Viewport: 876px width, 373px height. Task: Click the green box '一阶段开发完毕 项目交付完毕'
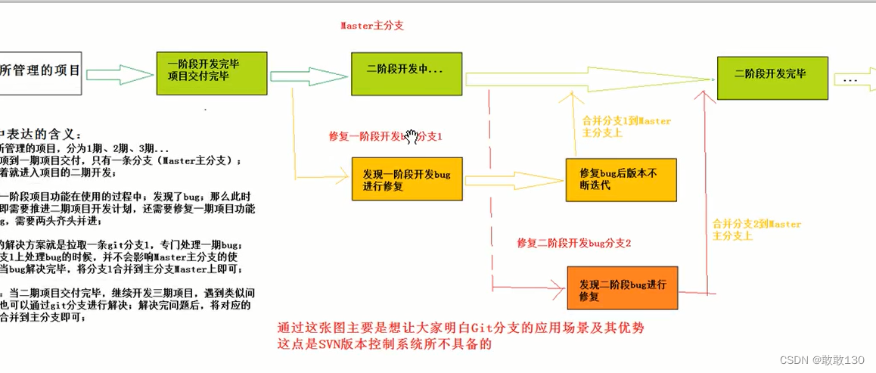point(212,73)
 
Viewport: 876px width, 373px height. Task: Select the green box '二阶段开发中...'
point(406,73)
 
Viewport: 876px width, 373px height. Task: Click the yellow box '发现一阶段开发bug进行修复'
point(407,179)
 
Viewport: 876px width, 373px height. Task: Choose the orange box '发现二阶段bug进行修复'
point(623,290)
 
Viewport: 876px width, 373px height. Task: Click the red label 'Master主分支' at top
point(372,26)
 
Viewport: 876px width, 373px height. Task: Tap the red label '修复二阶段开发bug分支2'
point(574,244)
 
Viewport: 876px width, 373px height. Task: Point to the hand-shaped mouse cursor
point(412,136)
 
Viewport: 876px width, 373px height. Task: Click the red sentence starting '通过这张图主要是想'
point(462,328)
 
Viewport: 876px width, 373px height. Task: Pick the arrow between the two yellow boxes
point(514,180)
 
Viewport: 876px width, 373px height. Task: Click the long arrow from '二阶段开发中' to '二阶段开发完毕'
point(590,78)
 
